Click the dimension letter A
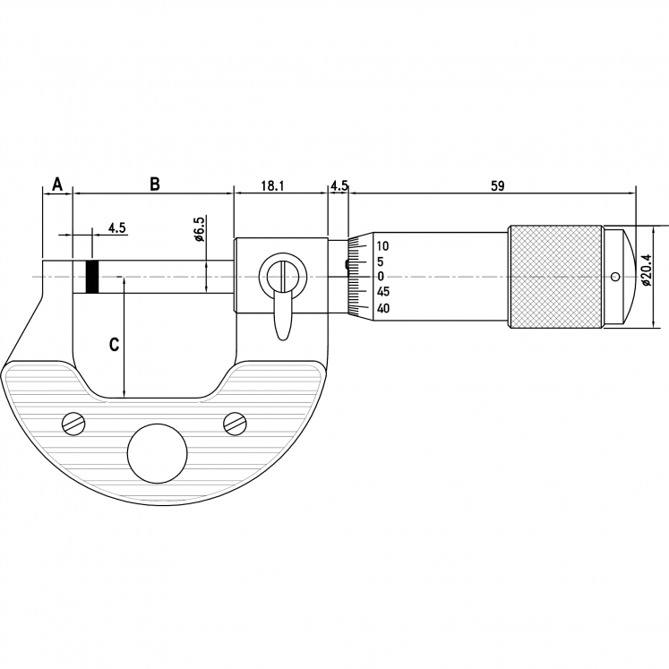(57, 184)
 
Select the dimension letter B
(154, 184)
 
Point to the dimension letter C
(114, 344)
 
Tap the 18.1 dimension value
(272, 186)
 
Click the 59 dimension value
(498, 186)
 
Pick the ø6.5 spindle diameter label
(200, 227)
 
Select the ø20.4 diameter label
(646, 270)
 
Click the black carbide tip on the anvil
(92, 277)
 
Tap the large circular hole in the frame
(158, 453)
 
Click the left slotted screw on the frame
(73, 424)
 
